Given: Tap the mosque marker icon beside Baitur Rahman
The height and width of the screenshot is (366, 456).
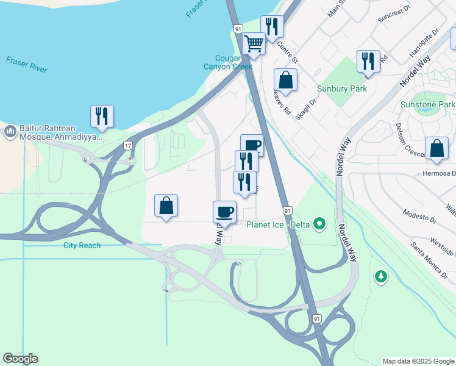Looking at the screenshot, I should point(10,131).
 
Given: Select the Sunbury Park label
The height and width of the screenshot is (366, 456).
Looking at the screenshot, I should point(342,88).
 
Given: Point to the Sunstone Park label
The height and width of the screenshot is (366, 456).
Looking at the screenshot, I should point(427,105).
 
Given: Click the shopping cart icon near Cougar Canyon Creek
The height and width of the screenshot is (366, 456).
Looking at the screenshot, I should point(254,43).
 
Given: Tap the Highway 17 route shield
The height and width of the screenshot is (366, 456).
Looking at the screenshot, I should point(127,145).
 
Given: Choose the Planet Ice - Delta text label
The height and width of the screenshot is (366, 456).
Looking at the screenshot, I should point(279,224).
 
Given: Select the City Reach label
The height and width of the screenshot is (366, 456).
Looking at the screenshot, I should point(82,245).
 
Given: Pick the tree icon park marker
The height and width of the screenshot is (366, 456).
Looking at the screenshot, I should point(381,277).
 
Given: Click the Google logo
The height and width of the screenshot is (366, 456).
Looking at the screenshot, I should point(20,359).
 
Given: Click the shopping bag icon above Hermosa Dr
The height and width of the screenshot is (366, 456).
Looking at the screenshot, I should point(436,149).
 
